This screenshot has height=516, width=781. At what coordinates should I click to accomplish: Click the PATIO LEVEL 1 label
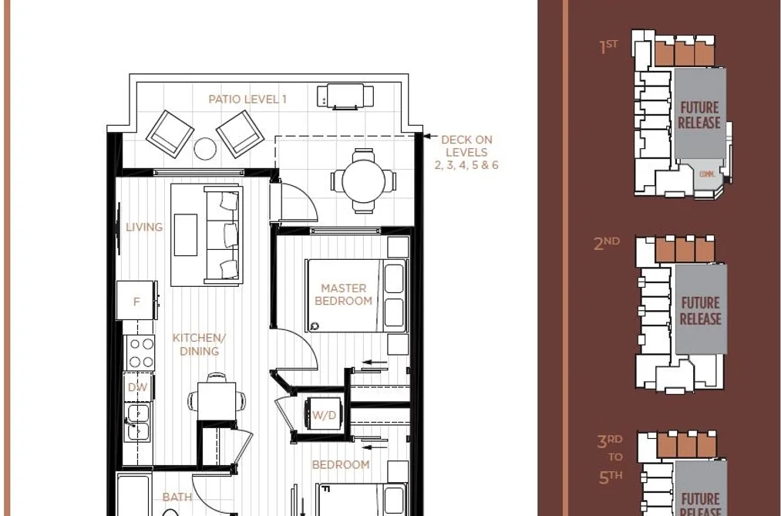pyautogui.click(x=247, y=99)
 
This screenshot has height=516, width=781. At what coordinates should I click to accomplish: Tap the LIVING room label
pyautogui.click(x=144, y=227)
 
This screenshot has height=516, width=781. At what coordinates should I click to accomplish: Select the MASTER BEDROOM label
pyautogui.click(x=344, y=295)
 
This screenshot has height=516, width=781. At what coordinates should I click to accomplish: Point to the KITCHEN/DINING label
pyautogui.click(x=199, y=344)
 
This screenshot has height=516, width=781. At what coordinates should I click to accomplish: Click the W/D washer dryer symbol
pyautogui.click(x=324, y=415)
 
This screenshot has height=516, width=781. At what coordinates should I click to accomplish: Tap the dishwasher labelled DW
pyautogui.click(x=138, y=387)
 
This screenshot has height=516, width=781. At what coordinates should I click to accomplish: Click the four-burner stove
pyautogui.click(x=140, y=352)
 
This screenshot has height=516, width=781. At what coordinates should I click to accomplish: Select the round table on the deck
pyautogui.click(x=364, y=180)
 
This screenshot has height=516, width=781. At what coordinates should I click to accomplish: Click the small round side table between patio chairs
pyautogui.click(x=205, y=148)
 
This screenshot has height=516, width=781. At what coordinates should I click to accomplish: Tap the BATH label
pyautogui.click(x=177, y=497)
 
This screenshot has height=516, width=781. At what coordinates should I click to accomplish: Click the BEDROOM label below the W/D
pyautogui.click(x=341, y=464)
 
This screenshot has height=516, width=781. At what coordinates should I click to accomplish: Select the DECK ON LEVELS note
pyautogui.click(x=466, y=153)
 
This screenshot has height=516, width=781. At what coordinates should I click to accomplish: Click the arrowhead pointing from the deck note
pyautogui.click(x=427, y=136)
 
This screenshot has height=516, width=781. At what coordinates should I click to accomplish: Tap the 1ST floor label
pyautogui.click(x=608, y=46)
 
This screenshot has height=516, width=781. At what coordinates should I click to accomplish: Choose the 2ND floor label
pyautogui.click(x=606, y=243)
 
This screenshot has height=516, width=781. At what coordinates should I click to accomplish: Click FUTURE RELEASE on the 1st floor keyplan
pyautogui.click(x=699, y=115)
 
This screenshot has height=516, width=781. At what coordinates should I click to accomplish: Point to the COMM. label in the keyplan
pyautogui.click(x=707, y=174)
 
